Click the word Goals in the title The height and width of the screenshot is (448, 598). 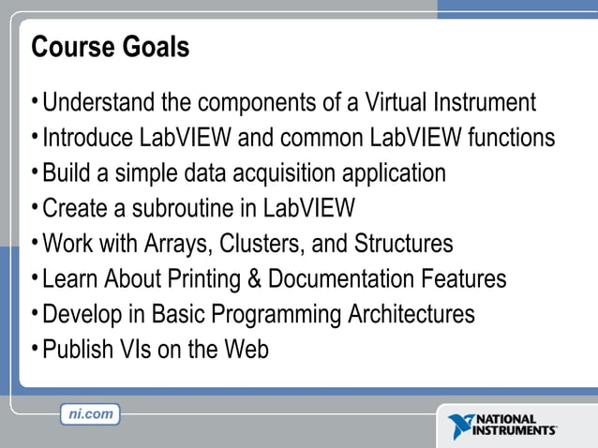155,47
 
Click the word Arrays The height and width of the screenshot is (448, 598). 174,244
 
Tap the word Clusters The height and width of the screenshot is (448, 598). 261,244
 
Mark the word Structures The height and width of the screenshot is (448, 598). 403,244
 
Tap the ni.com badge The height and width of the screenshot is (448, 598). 90,413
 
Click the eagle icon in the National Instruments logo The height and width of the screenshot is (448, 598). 463,426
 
